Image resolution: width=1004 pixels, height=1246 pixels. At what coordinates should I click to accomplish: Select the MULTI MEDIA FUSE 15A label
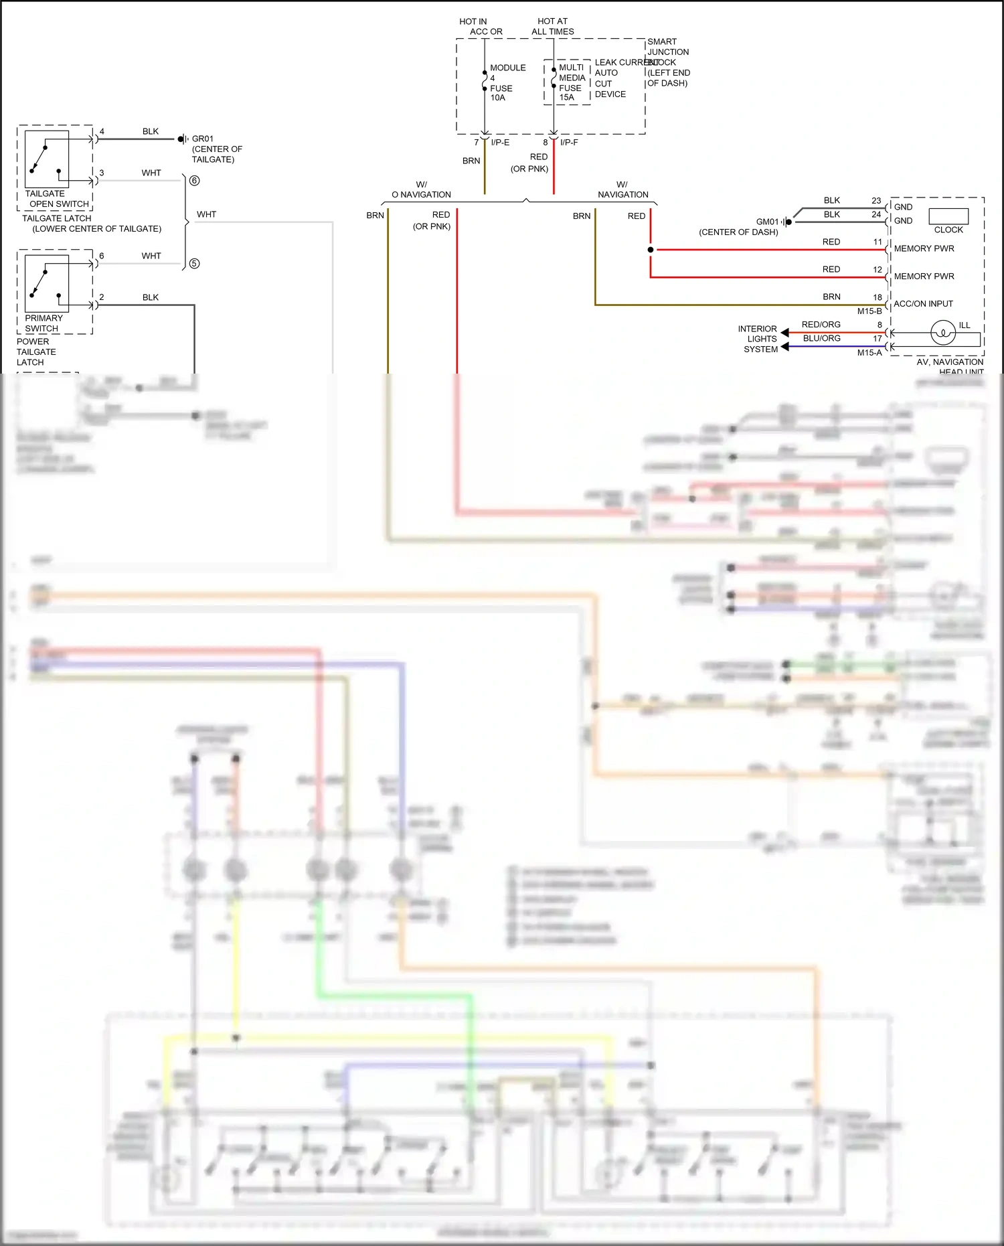point(571,82)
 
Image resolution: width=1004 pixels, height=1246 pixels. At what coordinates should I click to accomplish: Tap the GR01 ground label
point(203,139)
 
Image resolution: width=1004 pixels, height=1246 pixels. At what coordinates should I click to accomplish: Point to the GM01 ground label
point(767,222)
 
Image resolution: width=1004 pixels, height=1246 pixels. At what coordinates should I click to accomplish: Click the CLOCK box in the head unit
point(948,216)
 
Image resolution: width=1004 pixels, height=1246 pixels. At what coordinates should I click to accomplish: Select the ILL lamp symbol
point(943,332)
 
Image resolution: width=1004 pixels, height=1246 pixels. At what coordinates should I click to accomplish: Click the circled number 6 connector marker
point(194,181)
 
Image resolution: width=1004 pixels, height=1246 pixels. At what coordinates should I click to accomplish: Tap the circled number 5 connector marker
point(194,264)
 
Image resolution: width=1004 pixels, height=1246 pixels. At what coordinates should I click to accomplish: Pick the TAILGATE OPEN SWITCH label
point(56,199)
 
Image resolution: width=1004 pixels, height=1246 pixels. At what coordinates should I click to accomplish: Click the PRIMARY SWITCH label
point(44,323)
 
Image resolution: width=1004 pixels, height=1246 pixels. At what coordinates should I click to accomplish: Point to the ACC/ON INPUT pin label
point(923,304)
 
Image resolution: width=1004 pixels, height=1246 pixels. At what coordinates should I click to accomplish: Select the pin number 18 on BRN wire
point(877,297)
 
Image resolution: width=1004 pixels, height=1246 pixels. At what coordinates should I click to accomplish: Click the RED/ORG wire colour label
point(821,325)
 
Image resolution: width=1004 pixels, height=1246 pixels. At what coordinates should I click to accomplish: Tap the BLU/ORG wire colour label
point(821,339)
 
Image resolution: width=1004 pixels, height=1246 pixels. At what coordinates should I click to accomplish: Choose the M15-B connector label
point(869,311)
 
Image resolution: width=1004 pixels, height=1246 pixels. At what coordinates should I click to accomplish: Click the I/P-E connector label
point(500,143)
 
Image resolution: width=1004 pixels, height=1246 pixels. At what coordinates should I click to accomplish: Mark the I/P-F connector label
point(569,143)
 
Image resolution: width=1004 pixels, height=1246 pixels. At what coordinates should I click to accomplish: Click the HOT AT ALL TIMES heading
point(552,26)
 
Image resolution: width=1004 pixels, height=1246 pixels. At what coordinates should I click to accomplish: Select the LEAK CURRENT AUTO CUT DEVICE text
point(609,78)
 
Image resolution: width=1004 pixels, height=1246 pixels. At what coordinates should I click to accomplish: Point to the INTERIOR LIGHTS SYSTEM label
point(758,339)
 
